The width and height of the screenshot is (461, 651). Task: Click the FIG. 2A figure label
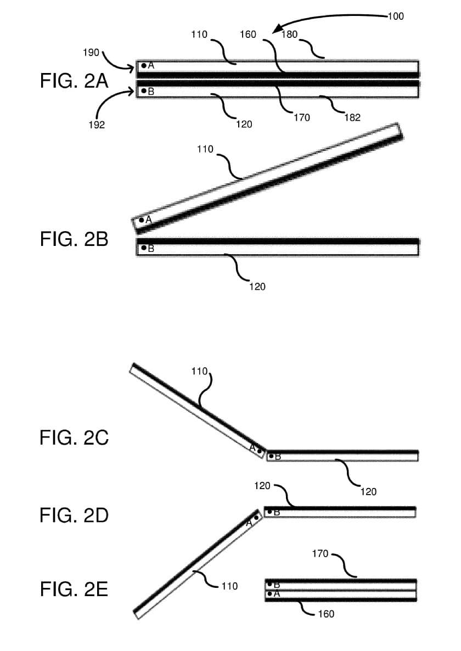[x=74, y=82]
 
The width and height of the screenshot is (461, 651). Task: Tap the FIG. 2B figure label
[x=74, y=240]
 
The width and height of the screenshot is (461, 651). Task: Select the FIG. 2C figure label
[x=74, y=438]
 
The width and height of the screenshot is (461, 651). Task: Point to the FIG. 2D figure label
[x=74, y=515]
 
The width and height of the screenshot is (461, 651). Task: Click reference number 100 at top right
[x=395, y=16]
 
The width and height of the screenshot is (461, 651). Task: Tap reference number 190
[x=91, y=53]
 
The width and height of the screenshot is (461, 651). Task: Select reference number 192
[x=97, y=125]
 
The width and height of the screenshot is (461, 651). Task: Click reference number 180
[x=289, y=35]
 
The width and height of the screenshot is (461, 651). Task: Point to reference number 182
[x=352, y=117]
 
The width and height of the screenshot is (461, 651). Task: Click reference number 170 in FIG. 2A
[x=301, y=117]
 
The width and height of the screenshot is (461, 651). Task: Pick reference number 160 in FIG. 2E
[x=325, y=614]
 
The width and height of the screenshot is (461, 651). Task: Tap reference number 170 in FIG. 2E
[x=320, y=554]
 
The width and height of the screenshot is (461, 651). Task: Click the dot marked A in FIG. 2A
[x=144, y=65]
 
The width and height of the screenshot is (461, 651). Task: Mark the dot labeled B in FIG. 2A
[x=144, y=91]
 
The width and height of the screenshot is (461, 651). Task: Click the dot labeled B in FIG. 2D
[x=269, y=512]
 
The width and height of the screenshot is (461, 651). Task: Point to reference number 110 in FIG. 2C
[x=199, y=371]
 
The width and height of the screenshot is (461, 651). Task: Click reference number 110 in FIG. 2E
[x=229, y=586]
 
